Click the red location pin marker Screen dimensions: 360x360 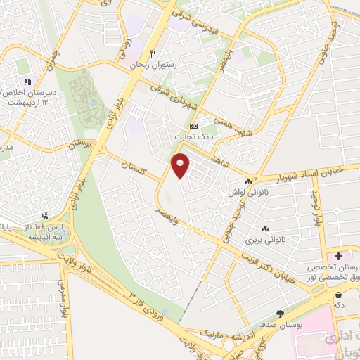181,165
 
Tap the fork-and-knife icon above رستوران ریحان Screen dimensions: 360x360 151,53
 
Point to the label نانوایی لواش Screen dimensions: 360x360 245,191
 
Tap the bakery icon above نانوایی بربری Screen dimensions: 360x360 266,229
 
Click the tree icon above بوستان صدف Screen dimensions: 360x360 281,313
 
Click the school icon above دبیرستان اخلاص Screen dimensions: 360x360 27,82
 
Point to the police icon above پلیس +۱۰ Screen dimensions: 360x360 45,216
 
